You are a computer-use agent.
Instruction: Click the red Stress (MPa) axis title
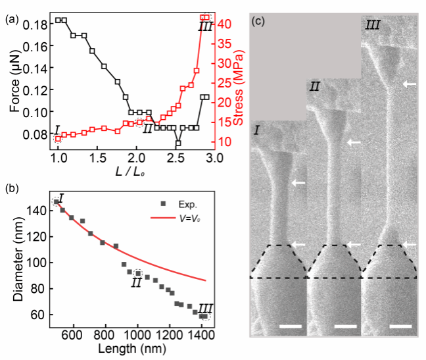[x=243, y=83]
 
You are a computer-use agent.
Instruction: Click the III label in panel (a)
[x=205, y=27]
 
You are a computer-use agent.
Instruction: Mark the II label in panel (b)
[x=137, y=282]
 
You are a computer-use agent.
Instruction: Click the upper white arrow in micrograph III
[x=409, y=84]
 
